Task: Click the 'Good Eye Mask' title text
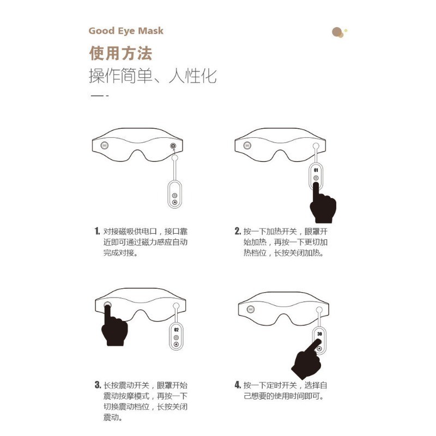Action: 126,31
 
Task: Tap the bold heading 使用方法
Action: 120,53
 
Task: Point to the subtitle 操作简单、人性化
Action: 153,76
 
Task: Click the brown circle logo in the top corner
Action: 339,32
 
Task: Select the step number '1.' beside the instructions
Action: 97,231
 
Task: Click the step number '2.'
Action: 238,231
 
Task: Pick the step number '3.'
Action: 98,385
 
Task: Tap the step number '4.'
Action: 238,385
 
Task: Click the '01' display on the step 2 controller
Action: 316,170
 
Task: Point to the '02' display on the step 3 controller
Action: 176,330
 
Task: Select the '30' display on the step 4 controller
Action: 319,334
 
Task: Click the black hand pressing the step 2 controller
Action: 323,204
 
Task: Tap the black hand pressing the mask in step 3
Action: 114,328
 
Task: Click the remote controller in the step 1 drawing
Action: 174,194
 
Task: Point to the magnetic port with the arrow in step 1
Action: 173,146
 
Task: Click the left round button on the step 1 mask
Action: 105,145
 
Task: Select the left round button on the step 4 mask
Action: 251,309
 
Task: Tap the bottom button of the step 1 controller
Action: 174,202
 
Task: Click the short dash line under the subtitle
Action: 100,96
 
